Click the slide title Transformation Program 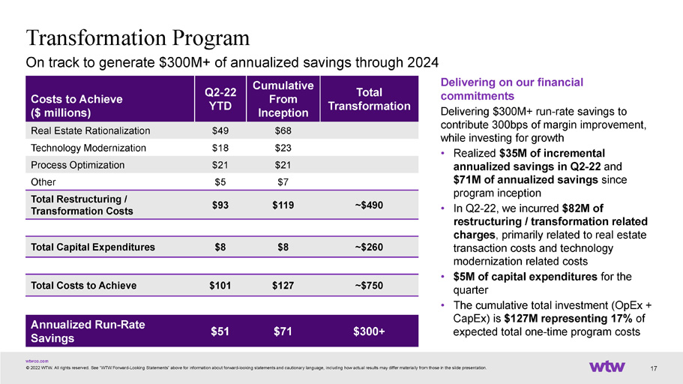point(138,38)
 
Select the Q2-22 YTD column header point(220,99)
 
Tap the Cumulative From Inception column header point(283,99)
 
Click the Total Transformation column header point(369,99)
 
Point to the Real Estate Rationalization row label point(91,130)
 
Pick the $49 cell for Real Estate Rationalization point(220,130)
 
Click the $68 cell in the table point(283,130)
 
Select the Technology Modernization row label point(88,148)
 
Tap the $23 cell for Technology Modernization point(283,148)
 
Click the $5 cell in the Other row point(220,182)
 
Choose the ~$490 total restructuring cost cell point(369,205)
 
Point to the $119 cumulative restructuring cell point(283,205)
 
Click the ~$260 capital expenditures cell point(369,247)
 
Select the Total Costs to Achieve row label point(84,286)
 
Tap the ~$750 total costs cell point(369,286)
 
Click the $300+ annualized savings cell point(369,331)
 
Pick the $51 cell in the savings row point(220,331)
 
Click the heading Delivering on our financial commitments point(512,89)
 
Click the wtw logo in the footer point(607,367)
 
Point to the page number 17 point(653,369)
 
